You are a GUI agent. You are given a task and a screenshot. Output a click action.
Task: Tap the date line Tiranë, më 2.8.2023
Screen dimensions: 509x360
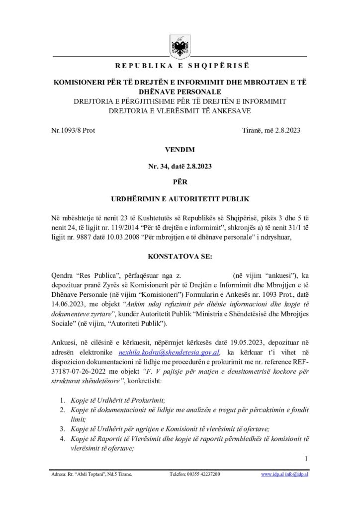point(270,130)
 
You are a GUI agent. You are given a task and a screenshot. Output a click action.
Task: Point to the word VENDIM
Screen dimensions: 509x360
point(180,149)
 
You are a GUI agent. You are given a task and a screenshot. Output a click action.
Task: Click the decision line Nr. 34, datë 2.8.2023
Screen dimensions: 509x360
point(180,167)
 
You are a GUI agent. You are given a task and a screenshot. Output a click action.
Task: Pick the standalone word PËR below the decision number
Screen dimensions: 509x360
point(180,182)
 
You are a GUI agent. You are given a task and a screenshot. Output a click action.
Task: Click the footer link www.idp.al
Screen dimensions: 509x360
point(271,475)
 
